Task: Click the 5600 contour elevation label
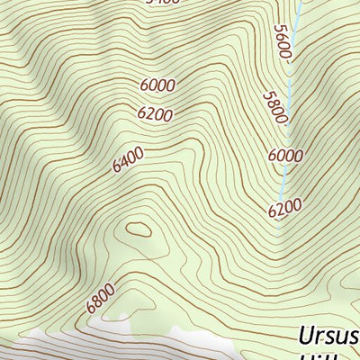283,42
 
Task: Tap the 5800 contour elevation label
275,107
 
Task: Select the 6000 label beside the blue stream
285,155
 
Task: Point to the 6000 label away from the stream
157,85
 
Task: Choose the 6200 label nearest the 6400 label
155,114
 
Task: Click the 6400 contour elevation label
129,162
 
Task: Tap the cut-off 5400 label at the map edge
162,2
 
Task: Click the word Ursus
328,338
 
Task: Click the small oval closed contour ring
139,229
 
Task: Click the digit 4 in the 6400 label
125,164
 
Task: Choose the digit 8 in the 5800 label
273,103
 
